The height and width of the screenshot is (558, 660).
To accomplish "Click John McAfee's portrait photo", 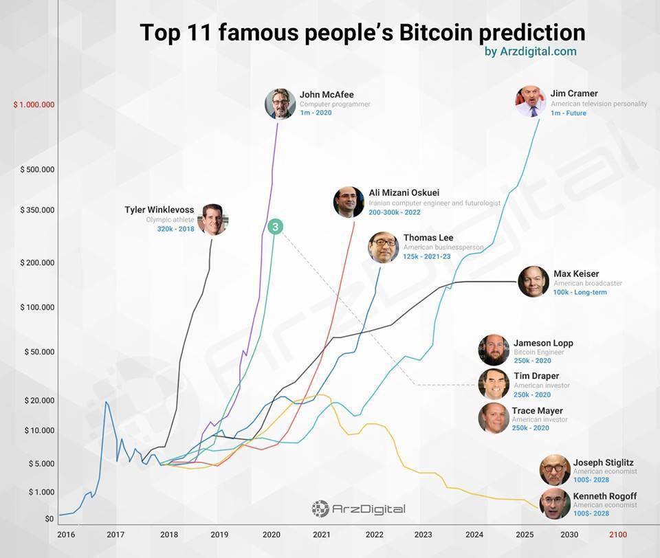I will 280,104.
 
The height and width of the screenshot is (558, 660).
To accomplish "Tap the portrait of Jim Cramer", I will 531,101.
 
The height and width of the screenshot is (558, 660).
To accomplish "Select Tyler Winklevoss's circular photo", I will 212,220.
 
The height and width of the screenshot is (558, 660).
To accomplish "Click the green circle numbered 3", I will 274,227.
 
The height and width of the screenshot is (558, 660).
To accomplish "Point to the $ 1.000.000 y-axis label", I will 34,104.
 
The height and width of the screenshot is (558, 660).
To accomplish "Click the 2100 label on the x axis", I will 618,534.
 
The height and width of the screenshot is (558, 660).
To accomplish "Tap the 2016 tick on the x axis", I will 66,534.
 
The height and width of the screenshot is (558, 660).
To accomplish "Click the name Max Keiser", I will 576,274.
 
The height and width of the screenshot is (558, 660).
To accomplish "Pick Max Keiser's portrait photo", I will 533,281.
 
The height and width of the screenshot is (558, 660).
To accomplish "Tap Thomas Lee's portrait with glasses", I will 384,247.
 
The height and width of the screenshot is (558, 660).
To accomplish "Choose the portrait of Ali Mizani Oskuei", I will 349,202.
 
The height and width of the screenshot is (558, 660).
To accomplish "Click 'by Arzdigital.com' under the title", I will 530,52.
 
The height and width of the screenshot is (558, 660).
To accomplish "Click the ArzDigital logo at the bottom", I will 358,509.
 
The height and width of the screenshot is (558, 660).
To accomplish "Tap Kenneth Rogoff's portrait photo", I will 555,504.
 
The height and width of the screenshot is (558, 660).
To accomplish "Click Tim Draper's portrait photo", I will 494,384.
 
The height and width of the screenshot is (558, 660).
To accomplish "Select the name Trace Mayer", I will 537,411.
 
